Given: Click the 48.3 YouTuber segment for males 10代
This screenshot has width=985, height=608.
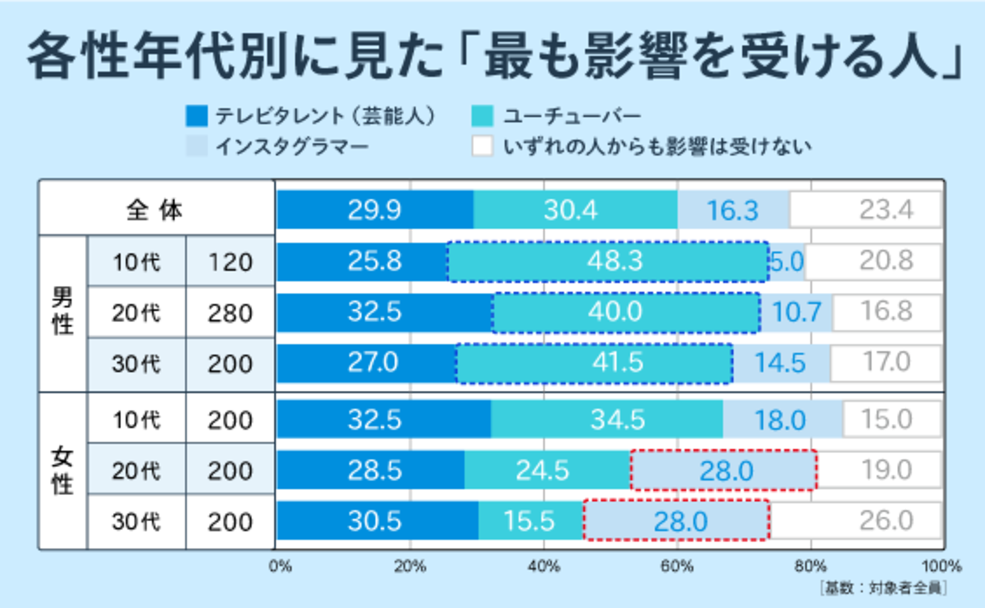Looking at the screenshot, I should pyautogui.click(x=608, y=261).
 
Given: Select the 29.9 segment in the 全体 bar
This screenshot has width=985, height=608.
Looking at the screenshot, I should pyautogui.click(x=375, y=210).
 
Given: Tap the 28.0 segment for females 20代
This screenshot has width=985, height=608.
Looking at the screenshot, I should pyautogui.click(x=724, y=471).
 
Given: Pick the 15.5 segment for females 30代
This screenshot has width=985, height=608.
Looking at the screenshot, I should pyautogui.click(x=530, y=521).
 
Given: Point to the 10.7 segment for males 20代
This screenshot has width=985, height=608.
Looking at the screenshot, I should pyautogui.click(x=796, y=312).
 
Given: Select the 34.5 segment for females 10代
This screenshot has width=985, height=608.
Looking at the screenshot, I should pyautogui.click(x=607, y=419).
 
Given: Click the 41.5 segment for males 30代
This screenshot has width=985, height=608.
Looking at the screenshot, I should pyautogui.click(x=594, y=363).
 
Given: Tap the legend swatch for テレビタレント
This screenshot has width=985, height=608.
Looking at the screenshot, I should pyautogui.click(x=197, y=116).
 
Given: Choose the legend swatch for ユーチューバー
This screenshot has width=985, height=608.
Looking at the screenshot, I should pyautogui.click(x=482, y=116).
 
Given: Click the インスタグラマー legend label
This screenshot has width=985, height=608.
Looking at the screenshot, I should pyautogui.click(x=292, y=147).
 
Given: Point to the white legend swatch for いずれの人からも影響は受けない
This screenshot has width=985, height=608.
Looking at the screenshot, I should pyautogui.click(x=482, y=146).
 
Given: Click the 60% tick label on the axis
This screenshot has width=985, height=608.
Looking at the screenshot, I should pyautogui.click(x=677, y=567).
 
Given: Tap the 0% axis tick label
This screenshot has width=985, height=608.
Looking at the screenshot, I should pyautogui.click(x=280, y=567).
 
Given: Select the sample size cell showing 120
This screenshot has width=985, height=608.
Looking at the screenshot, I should pyautogui.click(x=230, y=262).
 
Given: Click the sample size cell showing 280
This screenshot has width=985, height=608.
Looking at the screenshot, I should pyautogui.click(x=230, y=313).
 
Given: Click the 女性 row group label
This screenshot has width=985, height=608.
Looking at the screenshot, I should pyautogui.click(x=63, y=471).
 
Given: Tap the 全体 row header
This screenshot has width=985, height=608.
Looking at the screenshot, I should pyautogui.click(x=155, y=210).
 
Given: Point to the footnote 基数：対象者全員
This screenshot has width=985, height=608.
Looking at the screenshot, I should pyautogui.click(x=884, y=588).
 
